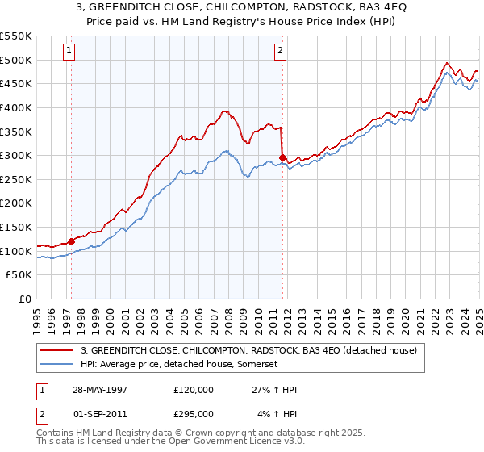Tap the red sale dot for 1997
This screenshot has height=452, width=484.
pos(72,241)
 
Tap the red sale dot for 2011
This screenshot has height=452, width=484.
pos(282,157)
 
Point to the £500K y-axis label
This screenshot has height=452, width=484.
pos(16,61)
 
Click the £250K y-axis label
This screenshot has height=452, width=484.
pos(16,179)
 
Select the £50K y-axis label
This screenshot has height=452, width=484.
pos(19,275)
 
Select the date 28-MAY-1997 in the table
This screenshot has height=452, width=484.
pos(95,390)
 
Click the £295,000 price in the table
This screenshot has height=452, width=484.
pos(194,413)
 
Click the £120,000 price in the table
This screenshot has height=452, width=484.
pos(194,390)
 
